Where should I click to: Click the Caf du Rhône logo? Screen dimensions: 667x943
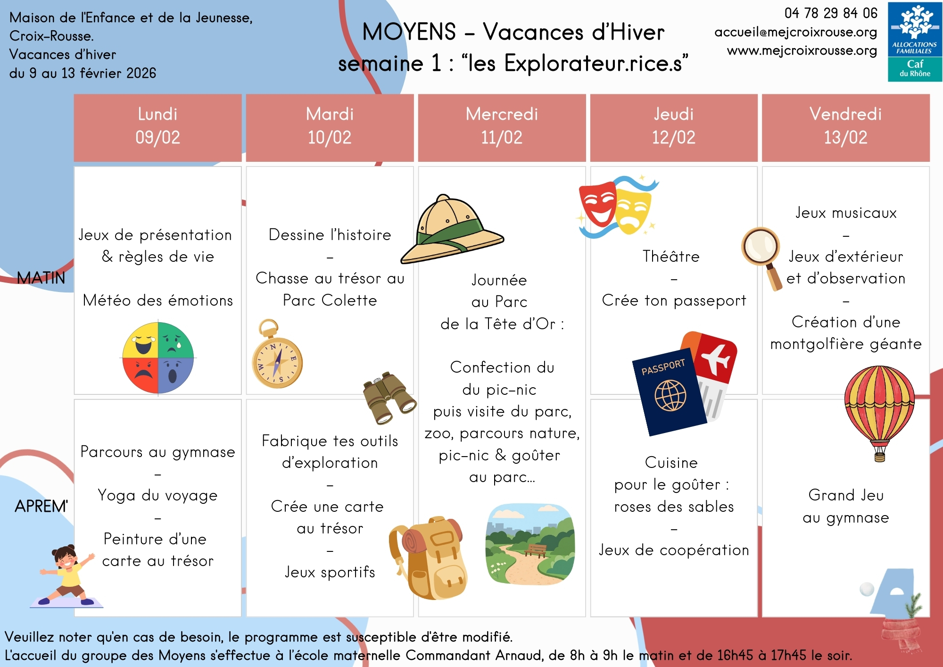coord(914,42)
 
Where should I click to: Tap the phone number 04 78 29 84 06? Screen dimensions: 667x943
coord(830,13)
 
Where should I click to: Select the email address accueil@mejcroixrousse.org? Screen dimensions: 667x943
coord(795,32)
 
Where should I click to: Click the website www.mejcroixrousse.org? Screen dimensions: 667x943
coord(802,50)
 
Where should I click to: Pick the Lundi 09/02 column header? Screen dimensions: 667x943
coord(157,126)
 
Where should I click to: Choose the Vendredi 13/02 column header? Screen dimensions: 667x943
coord(845,126)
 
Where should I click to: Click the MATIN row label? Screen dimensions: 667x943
coord(41,278)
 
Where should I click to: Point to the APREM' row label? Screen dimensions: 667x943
coord(41,506)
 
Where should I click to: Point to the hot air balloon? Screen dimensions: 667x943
coord(879,410)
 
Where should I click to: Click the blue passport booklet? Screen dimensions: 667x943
coord(669,392)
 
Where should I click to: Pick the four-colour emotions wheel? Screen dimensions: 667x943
coord(158,358)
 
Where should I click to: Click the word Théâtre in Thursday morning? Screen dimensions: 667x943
coord(671,257)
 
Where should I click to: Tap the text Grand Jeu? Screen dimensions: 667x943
coord(846,495)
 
